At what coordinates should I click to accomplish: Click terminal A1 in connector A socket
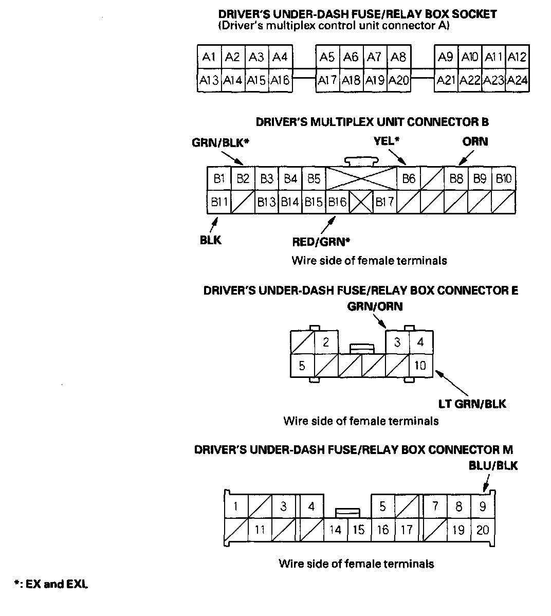(x=209, y=57)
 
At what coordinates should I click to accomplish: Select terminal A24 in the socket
(x=518, y=80)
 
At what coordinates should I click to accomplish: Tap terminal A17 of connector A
(x=327, y=80)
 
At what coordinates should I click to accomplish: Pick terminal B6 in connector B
(x=409, y=178)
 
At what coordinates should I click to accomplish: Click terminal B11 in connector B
(x=219, y=202)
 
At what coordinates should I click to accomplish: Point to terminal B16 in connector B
(x=337, y=202)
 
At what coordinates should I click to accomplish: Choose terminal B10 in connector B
(x=504, y=178)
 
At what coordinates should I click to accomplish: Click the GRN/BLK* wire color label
(x=221, y=142)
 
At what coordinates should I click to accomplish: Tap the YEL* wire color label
(x=387, y=140)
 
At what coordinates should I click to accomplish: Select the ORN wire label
(x=475, y=141)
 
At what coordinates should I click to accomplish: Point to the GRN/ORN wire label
(x=375, y=306)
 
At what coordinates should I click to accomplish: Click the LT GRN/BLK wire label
(x=472, y=404)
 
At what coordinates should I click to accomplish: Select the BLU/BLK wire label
(x=493, y=466)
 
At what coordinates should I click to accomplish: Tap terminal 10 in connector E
(x=420, y=366)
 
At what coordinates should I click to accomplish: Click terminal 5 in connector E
(x=302, y=366)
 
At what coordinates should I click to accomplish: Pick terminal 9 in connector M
(x=482, y=506)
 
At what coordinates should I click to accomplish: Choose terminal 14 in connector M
(x=335, y=530)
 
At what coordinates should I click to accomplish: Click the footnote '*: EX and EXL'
(x=51, y=584)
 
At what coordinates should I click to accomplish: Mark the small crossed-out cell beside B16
(x=361, y=202)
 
